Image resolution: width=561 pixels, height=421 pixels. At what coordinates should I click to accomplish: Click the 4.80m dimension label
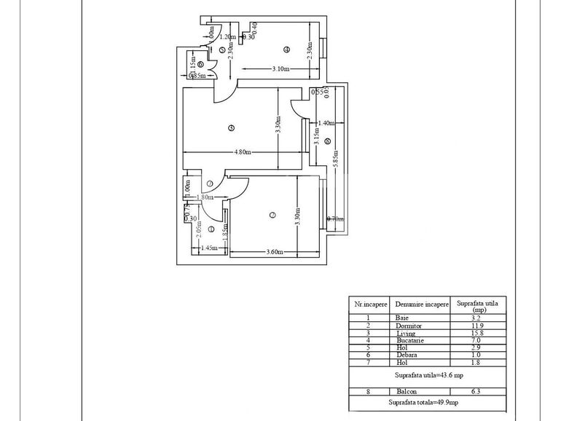[243, 152]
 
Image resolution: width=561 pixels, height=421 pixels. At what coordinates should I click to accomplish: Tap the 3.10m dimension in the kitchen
[280, 70]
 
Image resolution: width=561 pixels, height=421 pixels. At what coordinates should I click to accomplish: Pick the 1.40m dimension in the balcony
[326, 123]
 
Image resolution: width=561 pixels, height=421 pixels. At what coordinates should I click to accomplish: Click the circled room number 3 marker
[231, 128]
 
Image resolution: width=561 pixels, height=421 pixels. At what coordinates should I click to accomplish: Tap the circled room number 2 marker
[272, 215]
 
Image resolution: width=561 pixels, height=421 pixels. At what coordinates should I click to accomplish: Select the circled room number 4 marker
[286, 50]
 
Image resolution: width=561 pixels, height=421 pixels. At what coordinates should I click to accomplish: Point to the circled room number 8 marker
[327, 141]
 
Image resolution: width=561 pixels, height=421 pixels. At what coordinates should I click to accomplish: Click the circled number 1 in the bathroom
[211, 230]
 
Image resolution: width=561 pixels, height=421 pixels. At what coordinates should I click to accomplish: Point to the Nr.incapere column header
[369, 304]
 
